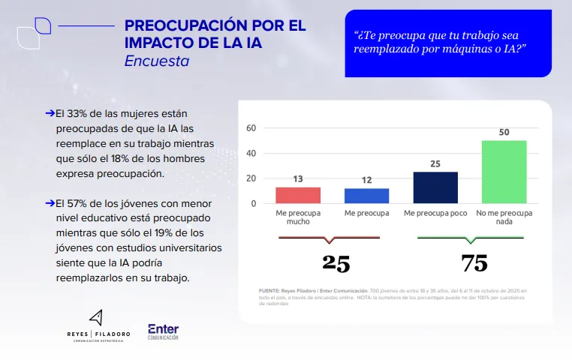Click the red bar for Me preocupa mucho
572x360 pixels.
pos(298,195)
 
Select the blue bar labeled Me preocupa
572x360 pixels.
pos(366,196)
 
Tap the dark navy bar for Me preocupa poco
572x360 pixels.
pos(435,187)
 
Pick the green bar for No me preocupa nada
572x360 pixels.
pos(504,172)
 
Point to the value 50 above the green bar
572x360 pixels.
pos(504,133)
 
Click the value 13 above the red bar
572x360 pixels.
pos(298,180)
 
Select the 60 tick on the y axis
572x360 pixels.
pos(251,128)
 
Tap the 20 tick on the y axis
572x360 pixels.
pos(251,178)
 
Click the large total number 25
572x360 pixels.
pos(336,263)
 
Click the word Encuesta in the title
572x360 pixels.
pos(156,61)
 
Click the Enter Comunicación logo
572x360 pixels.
pos(163,331)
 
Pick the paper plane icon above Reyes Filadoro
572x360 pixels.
pos(95,316)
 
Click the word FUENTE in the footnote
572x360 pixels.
pos(270,290)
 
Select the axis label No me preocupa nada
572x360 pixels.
pos(504,217)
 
